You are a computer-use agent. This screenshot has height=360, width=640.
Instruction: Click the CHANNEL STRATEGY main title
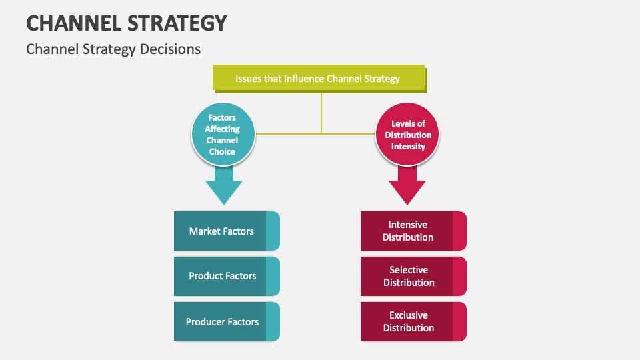(127, 23)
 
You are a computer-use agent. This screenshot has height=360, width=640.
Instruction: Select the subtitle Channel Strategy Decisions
(113, 49)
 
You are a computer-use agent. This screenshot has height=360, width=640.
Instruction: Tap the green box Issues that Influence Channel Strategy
(318, 79)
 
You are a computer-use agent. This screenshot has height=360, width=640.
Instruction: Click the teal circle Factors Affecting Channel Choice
(222, 134)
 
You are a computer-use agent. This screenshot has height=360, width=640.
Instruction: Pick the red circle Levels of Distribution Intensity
(408, 135)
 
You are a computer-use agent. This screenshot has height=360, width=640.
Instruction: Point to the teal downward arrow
(223, 185)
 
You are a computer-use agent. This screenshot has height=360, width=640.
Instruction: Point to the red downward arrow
(407, 185)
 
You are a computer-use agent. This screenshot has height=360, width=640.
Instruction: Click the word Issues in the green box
(248, 79)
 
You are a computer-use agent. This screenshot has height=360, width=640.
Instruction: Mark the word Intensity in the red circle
(408, 146)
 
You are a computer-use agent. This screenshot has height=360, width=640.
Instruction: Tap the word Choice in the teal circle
(222, 151)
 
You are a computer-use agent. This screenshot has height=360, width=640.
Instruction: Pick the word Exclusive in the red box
(409, 315)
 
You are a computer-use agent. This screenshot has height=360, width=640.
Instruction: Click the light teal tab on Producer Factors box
(273, 321)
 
